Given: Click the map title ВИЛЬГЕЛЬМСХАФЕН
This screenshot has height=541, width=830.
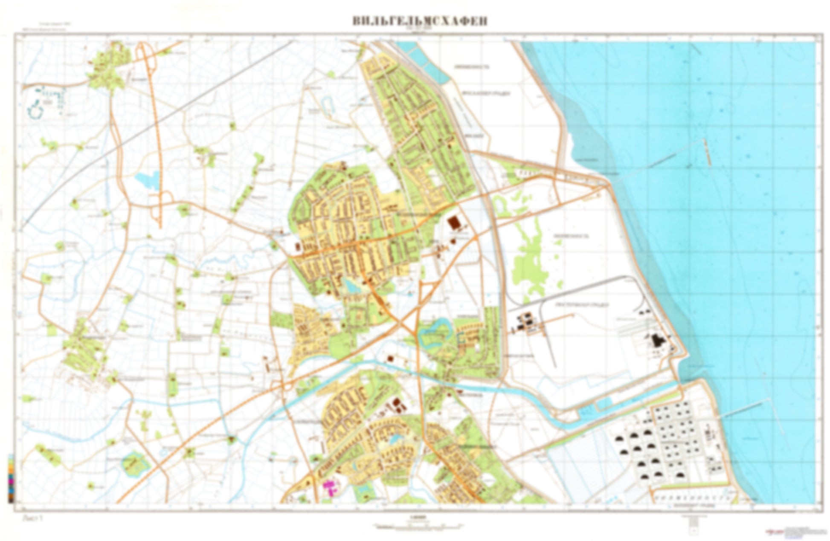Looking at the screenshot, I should [420, 21].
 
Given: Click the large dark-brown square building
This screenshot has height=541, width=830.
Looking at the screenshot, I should [454, 223].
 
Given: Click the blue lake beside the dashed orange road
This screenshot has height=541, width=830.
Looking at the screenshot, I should [147, 180].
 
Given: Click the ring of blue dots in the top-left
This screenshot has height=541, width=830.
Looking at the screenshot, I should [35, 110].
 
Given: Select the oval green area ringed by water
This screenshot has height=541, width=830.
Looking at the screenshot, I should [135, 464].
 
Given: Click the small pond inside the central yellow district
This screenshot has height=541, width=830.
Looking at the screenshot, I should [353, 286].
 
